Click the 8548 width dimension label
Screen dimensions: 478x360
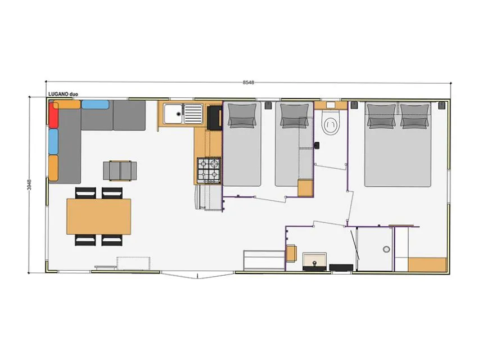tap(249, 82)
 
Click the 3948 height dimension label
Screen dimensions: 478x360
tap(29, 184)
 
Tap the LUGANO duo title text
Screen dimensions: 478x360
tap(63, 94)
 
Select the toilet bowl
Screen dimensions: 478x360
tap(331, 123)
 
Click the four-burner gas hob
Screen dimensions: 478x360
tap(209, 170)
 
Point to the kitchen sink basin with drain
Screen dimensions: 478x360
tap(173, 114)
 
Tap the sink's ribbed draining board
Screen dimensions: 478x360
tap(193, 114)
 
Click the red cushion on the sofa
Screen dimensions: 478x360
tap(53, 115)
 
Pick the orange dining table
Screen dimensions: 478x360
tap(99, 217)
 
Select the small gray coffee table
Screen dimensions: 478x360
tap(120, 170)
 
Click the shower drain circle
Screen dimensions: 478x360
tap(386, 249)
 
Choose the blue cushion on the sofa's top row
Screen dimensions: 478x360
tap(96, 105)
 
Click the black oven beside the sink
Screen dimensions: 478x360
tap(215, 118)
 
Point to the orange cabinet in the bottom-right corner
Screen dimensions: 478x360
tap(427, 264)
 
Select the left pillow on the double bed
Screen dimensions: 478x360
tap(381, 116)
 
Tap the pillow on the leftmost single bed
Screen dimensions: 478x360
tap(242, 116)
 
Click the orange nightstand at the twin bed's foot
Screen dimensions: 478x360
tap(305, 188)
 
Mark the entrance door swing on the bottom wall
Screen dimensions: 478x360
tap(198, 275)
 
